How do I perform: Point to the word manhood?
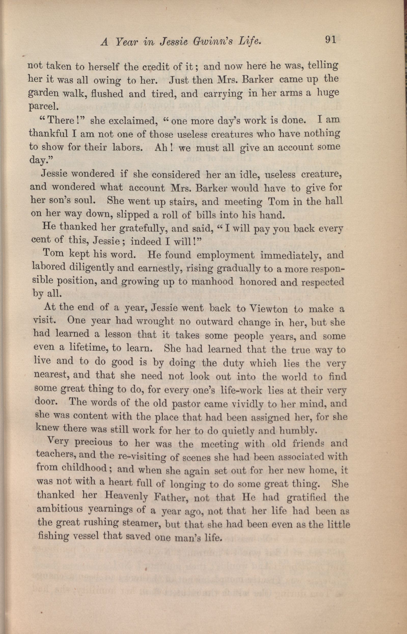click(x=212, y=282)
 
